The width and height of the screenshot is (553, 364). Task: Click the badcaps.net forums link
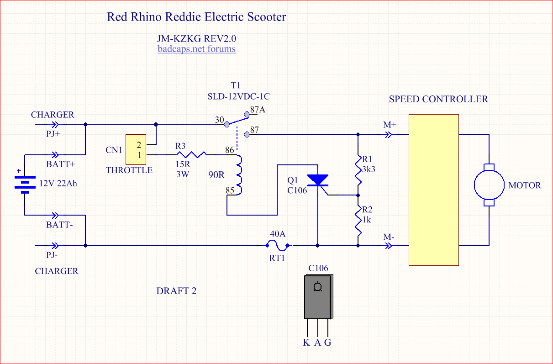click(x=197, y=49)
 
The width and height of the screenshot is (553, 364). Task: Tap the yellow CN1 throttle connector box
click(x=136, y=150)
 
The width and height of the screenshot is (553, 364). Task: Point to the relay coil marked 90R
click(x=239, y=175)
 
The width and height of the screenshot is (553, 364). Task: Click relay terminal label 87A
click(x=258, y=110)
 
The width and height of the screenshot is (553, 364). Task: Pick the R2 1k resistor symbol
click(x=358, y=220)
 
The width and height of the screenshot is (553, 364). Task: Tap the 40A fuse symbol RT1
click(x=277, y=245)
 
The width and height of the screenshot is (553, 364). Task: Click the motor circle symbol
click(x=489, y=185)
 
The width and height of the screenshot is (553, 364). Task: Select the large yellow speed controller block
click(x=433, y=190)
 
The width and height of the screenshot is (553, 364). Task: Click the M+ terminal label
click(x=390, y=124)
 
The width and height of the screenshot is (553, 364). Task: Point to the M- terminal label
click(x=389, y=237)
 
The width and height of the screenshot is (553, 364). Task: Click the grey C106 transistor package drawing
click(x=318, y=297)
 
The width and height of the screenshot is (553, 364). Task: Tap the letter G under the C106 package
click(x=327, y=343)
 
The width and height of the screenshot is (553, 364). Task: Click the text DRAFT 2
click(x=176, y=291)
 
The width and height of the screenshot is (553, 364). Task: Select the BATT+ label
click(x=60, y=164)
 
